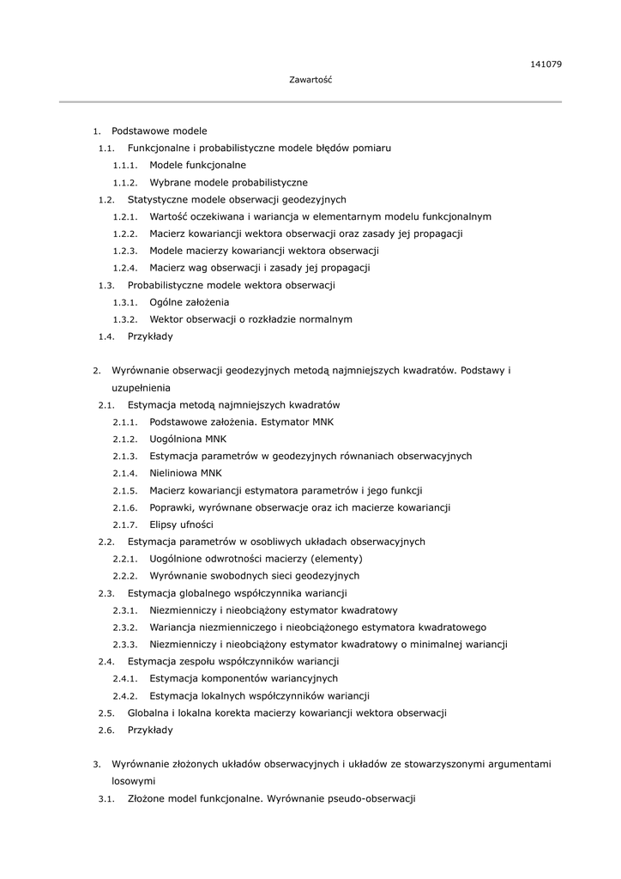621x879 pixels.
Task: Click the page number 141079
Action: [546, 64]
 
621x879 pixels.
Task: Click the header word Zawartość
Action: [310, 80]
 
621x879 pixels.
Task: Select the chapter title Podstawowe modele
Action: [160, 131]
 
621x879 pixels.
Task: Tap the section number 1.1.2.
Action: [125, 183]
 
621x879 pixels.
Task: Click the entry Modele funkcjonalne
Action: [197, 165]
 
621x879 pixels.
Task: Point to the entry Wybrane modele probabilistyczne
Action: [228, 182]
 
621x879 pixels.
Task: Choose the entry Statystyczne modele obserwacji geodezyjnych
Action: [237, 199]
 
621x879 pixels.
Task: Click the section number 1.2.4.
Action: [125, 268]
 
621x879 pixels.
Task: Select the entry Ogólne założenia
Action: [189, 302]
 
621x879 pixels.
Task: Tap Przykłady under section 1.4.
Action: [150, 336]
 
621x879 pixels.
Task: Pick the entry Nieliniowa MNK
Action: [185, 473]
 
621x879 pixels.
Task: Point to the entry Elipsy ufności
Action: [181, 524]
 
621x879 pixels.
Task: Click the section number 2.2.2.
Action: [125, 576]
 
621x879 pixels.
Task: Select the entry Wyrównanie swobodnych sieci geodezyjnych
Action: [254, 576]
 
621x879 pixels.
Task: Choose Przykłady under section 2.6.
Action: [150, 730]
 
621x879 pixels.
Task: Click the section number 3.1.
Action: [106, 798]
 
